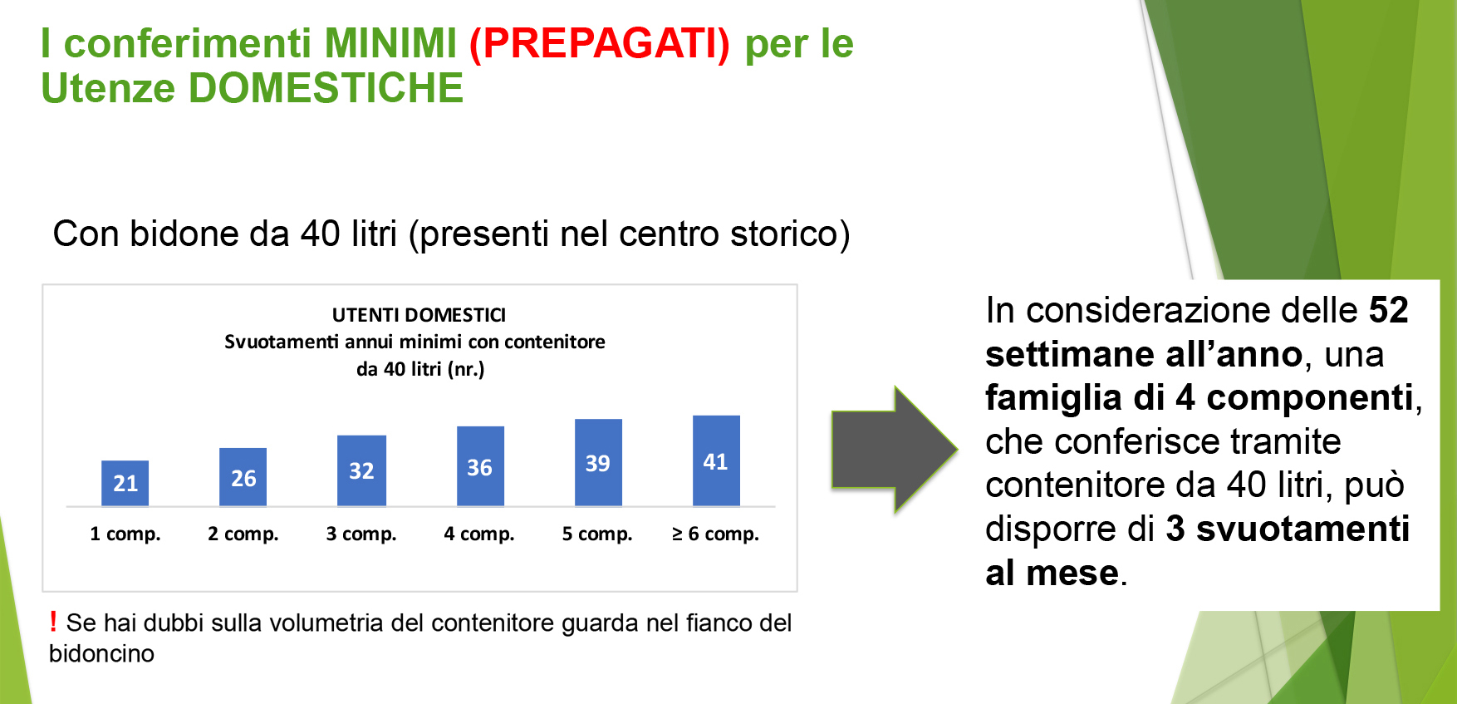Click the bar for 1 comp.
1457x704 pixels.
pos(125,483)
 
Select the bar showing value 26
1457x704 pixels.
pos(243,477)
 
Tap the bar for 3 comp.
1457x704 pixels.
pos(361,470)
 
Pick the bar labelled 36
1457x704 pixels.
pos(480,466)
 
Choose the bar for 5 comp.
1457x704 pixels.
pos(598,463)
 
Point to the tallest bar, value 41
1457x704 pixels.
pos(716,460)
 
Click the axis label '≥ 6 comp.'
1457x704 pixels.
pos(715,534)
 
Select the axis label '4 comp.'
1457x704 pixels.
pos(479,534)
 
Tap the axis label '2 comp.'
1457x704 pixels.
pos(243,534)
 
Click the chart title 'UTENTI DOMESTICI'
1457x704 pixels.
pos(419,315)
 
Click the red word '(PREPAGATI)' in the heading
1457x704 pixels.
pos(600,43)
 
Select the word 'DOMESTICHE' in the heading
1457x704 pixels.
pos(326,88)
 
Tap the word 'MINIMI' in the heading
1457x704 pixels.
pos(390,43)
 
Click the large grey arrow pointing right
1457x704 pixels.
pos(895,450)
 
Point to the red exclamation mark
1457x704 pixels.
pos(53,621)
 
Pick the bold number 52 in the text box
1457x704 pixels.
pos(1389,310)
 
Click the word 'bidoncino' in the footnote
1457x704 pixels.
pos(101,654)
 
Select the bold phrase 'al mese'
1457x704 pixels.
pos(1052,573)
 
